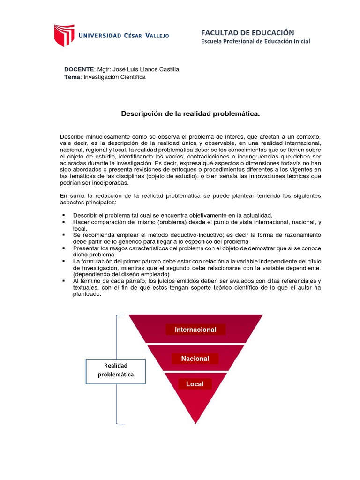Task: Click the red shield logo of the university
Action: [64, 35]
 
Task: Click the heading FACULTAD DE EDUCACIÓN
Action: [247, 32]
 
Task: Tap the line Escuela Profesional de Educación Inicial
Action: [255, 41]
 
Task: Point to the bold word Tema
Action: [73, 77]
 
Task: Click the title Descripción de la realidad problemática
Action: [190, 113]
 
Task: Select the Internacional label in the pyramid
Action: [195, 330]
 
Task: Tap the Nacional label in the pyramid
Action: [195, 359]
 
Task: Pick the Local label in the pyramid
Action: [195, 384]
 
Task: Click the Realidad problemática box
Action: [116, 370]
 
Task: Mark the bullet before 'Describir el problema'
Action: [62, 215]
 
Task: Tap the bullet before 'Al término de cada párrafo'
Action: [62, 280]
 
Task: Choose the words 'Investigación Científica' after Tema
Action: [114, 77]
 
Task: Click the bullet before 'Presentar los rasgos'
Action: [62, 247]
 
